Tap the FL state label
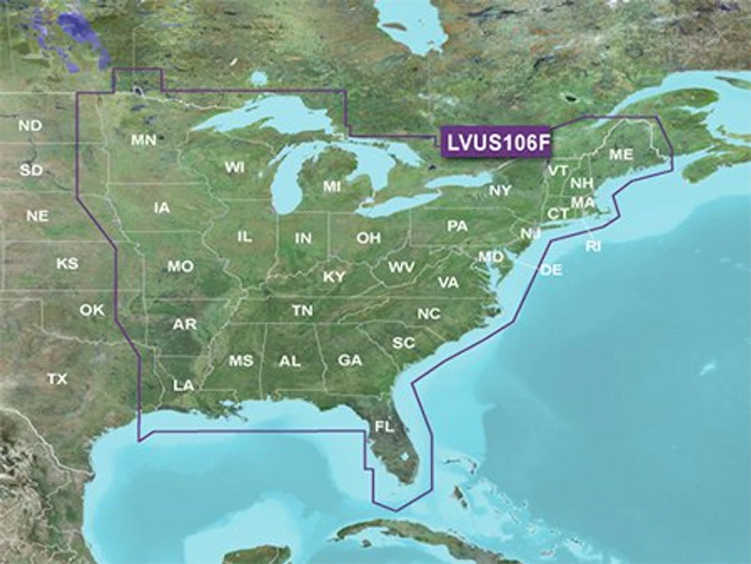384,427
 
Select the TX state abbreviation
57,380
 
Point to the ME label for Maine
621,154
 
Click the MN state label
144,140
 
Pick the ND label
30,125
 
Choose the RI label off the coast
593,246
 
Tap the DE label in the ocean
550,270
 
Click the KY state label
334,277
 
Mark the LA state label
183,386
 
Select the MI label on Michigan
331,187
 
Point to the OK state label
92,310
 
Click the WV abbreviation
401,268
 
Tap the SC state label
404,343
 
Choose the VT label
557,171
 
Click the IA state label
162,207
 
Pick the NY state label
500,190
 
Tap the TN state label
303,310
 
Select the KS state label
67,264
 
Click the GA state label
350,360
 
